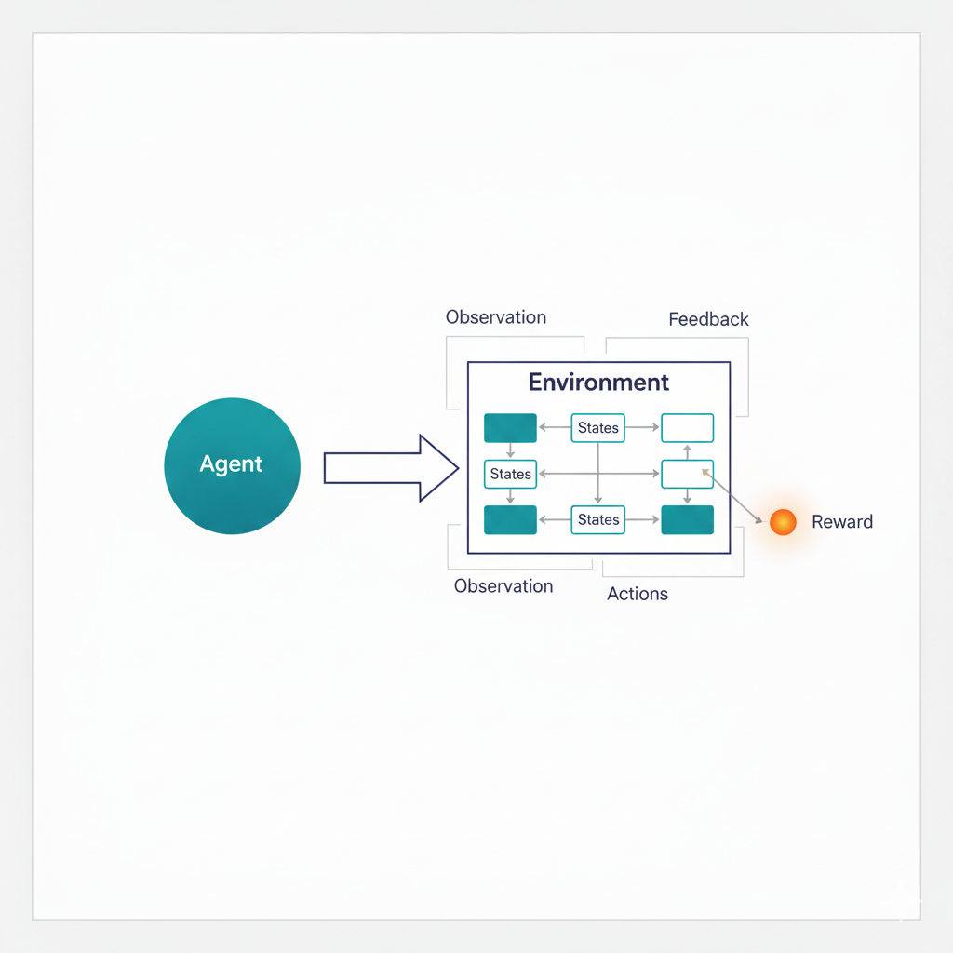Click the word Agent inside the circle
point(231,464)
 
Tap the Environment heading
point(598,383)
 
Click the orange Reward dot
point(783,522)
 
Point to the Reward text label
point(842,522)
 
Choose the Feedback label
point(708,319)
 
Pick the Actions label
point(638,594)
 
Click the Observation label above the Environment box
point(496,317)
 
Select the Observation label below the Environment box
point(503,586)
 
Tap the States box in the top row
point(597,428)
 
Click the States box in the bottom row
point(597,520)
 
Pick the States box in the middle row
point(511,474)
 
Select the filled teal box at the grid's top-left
point(510,428)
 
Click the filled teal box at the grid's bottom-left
point(510,520)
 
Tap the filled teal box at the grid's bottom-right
point(687,520)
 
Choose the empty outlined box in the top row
point(687,428)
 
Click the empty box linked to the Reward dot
point(687,474)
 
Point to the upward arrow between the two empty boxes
point(687,451)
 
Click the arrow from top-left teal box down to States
point(510,451)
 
